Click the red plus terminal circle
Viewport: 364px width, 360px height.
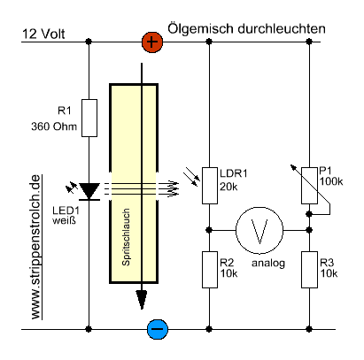click(x=152, y=42)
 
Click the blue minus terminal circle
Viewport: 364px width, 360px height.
click(x=158, y=329)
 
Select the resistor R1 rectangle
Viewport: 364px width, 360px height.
click(x=89, y=118)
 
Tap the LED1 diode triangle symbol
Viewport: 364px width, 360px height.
click(x=89, y=191)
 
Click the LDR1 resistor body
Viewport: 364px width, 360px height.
click(x=210, y=186)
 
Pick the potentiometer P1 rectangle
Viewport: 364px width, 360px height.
click(x=309, y=186)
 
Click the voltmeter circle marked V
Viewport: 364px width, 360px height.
click(x=259, y=230)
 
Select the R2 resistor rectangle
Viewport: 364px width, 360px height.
click(x=210, y=270)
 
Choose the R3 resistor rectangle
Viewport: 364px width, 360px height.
click(x=309, y=270)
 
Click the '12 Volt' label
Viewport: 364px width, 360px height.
click(x=43, y=34)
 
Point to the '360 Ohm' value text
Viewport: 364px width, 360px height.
click(x=54, y=126)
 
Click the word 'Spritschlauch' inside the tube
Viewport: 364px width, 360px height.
click(x=126, y=237)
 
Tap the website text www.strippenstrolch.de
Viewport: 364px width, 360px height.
click(x=35, y=247)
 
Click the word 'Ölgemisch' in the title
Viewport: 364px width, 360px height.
click(x=201, y=29)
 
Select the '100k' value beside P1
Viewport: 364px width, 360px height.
click(x=331, y=181)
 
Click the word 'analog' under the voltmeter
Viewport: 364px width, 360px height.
click(x=268, y=263)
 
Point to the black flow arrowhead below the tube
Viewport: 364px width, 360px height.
click(x=142, y=300)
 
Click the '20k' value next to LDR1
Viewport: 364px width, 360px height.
click(x=228, y=187)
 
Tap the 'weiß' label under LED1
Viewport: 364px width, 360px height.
click(x=64, y=220)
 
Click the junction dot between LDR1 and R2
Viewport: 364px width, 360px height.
click(x=209, y=230)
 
